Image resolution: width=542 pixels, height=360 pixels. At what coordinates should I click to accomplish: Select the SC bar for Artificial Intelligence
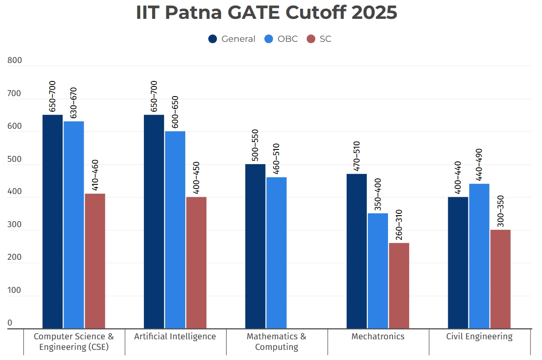196,263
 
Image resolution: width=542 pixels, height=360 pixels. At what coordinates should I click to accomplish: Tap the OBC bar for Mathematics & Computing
276,253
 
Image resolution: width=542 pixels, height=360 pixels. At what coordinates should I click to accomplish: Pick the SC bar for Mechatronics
399,286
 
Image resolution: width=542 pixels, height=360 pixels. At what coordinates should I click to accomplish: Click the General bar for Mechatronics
357,251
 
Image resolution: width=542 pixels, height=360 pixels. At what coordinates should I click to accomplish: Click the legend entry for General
232,39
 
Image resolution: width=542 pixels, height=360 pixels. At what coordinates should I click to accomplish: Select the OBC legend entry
281,39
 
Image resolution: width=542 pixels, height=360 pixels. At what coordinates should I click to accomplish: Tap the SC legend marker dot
311,39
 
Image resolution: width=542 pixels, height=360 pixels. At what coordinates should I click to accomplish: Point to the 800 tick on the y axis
15,61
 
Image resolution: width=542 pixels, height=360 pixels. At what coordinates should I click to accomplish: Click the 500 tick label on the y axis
15,160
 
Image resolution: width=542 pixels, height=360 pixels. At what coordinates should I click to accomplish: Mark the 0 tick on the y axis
10,324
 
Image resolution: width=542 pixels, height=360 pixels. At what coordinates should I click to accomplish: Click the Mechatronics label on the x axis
378,337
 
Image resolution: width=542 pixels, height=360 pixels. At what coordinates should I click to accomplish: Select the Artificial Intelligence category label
175,337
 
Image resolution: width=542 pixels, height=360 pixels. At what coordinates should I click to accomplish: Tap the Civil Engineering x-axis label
479,337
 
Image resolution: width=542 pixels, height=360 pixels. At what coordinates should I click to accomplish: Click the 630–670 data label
74,103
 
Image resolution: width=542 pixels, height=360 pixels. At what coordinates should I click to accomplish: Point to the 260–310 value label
399,224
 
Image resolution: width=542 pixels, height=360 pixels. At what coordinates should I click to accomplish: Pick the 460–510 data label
276,159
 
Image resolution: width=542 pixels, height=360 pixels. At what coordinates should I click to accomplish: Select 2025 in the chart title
374,12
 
